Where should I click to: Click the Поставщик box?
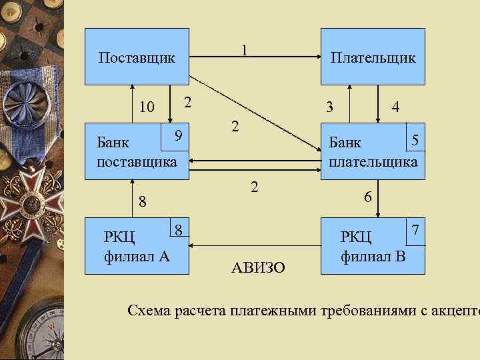(137, 57)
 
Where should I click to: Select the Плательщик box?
(373, 57)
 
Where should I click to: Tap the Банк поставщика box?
(137, 151)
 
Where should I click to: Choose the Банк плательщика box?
(373, 151)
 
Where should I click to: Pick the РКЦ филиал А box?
(137, 245)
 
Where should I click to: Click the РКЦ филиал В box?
(373, 245)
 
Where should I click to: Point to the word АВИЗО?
(258, 268)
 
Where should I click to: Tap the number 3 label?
(329, 107)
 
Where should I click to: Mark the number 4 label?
(396, 107)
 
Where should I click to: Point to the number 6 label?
(367, 197)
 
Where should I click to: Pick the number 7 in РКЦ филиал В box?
(415, 229)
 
